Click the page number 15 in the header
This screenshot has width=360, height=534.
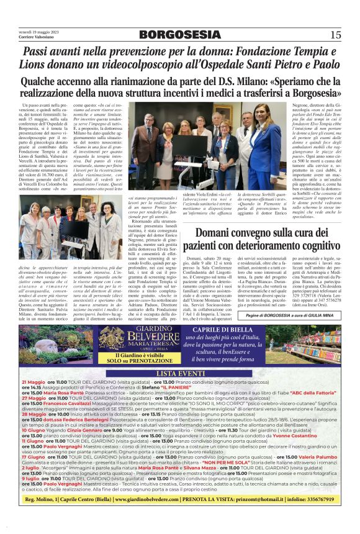point(335,35)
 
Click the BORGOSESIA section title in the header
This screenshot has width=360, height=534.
point(179,35)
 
